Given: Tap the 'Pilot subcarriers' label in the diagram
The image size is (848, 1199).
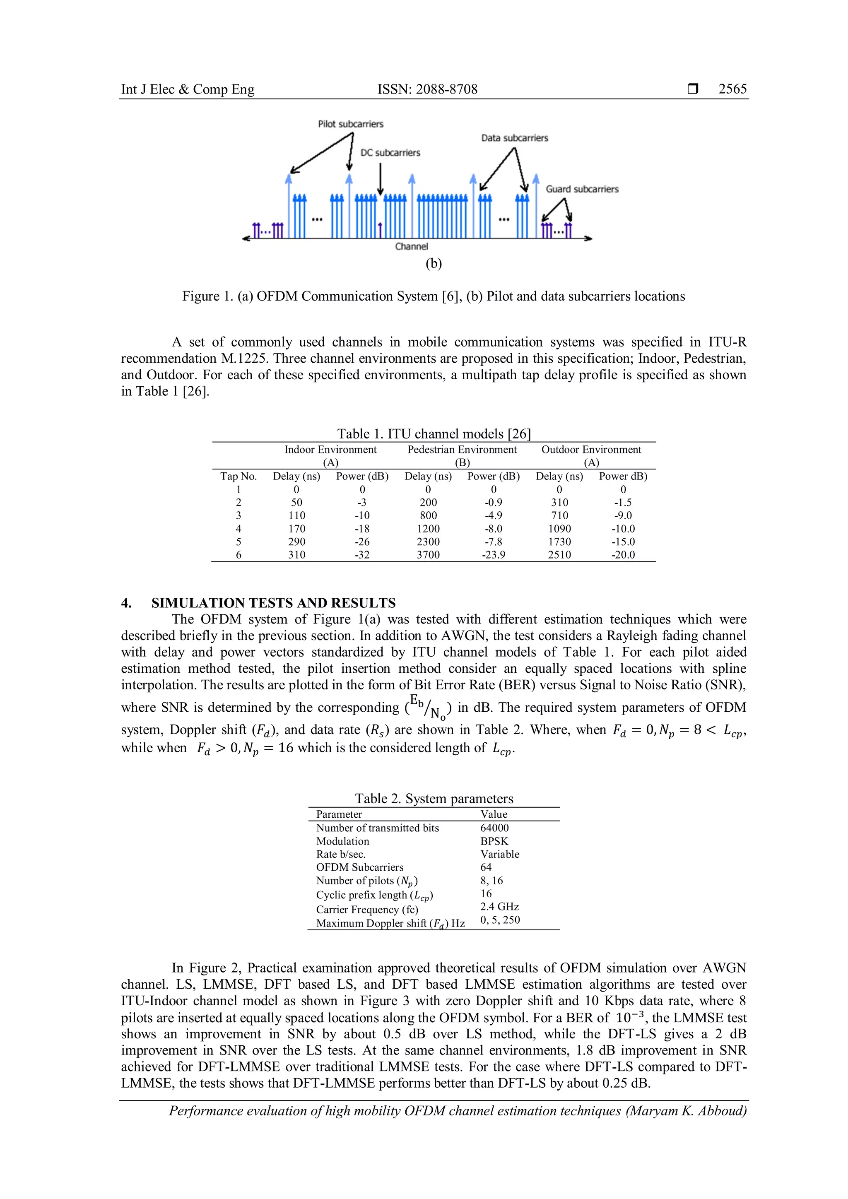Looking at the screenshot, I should [350, 124].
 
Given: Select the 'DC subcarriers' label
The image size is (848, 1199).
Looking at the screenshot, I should [390, 152].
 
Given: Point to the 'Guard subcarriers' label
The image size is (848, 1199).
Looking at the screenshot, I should [582, 189].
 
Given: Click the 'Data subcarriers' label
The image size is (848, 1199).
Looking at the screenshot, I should [514, 138].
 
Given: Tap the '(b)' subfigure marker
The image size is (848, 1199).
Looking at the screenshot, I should [434, 263].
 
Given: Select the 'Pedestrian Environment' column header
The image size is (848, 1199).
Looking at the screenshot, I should [462, 450].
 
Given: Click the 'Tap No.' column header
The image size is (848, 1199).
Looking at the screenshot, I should [238, 476].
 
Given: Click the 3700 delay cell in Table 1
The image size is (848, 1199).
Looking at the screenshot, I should [428, 555].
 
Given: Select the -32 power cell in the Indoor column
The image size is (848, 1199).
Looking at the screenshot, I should [362, 555].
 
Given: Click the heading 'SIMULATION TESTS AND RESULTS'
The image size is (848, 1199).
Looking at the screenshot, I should [273, 603].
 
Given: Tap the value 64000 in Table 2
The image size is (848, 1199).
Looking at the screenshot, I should [494, 828].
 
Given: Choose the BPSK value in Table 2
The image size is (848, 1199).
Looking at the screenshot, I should [494, 841].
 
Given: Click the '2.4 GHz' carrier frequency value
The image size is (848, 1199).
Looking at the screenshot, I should [499, 907].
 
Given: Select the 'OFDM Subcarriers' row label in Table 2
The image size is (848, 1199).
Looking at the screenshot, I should [359, 867].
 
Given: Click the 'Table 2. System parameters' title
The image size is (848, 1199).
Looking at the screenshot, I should [434, 799].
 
